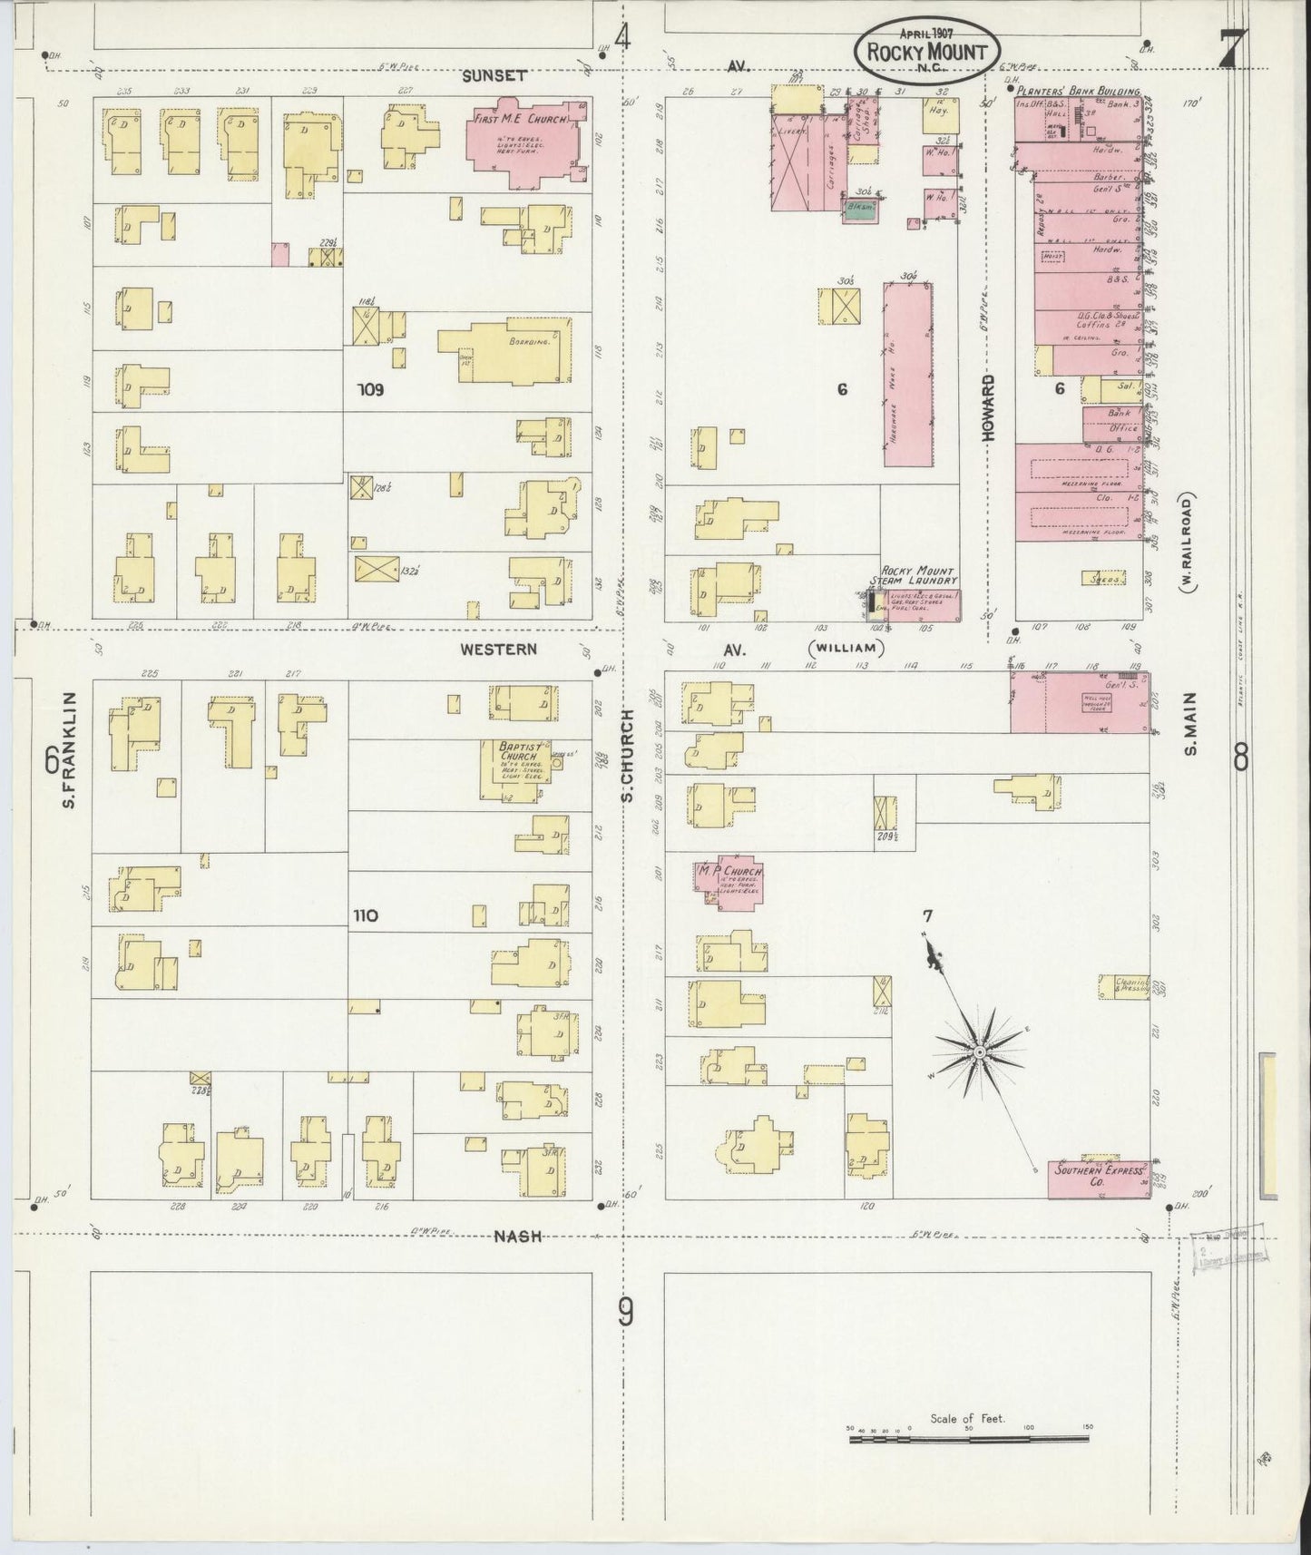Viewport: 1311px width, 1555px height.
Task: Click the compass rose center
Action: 979,1051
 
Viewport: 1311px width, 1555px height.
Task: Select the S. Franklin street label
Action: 71,750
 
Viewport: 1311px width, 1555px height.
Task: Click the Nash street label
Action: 519,1236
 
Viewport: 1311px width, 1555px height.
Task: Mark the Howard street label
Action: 988,408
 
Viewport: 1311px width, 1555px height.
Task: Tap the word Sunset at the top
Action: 494,76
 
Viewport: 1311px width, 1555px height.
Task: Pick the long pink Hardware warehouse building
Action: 907,375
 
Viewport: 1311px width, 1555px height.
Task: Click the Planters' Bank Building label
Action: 1077,92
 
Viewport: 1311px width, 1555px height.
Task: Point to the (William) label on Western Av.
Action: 844,648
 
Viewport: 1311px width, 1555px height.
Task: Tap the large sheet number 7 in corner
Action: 1231,50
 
